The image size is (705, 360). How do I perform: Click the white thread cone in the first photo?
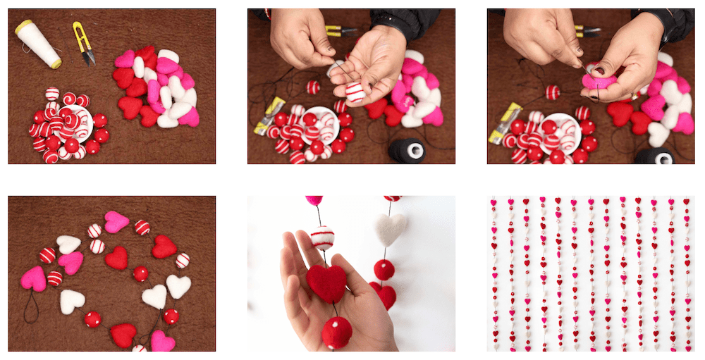(38, 44)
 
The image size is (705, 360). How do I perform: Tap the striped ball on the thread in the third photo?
(553, 92)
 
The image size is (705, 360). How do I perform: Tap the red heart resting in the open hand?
(326, 281)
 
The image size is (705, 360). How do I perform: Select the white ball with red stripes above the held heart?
(322, 237)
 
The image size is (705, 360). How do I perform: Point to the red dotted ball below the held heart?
(337, 331)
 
